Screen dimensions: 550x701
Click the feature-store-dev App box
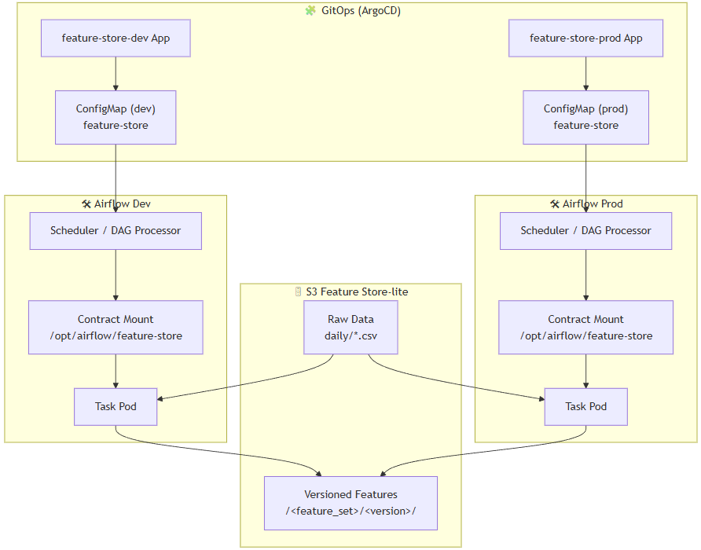pos(116,38)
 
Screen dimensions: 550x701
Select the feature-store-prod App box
pos(585,38)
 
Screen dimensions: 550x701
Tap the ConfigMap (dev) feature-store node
pos(116,117)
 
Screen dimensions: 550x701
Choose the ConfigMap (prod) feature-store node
pos(585,117)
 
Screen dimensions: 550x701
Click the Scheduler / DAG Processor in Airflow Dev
pos(116,231)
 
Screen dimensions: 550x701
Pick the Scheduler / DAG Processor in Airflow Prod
pos(585,231)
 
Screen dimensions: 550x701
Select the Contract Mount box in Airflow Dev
pos(116,328)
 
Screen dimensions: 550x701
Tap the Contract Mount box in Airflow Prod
pos(585,328)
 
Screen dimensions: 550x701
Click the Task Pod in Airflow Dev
pos(116,407)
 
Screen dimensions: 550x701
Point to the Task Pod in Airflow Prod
pos(585,407)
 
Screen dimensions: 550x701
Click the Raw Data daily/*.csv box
pos(350,328)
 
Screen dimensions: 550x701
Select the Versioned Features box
pos(350,503)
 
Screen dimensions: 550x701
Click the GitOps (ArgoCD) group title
pos(358,11)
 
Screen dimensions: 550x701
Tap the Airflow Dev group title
pos(122,204)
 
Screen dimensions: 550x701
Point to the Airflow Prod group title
pos(592,204)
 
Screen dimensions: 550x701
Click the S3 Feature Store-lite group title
pos(357,291)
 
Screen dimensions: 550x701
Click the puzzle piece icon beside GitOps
pos(310,11)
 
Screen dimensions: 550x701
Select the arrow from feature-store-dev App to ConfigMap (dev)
pos(116,74)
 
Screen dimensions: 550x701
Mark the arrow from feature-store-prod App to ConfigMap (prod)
pos(585,74)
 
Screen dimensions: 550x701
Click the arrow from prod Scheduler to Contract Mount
pos(585,275)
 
